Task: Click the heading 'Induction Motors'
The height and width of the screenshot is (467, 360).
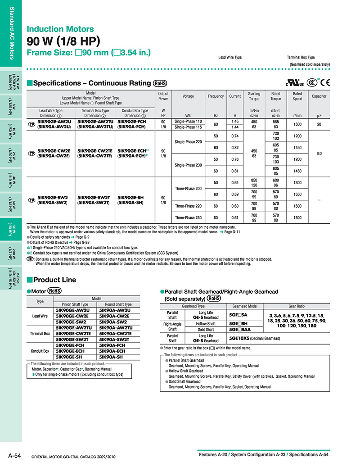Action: coord(60,29)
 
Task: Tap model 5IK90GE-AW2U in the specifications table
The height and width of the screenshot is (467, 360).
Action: coord(54,122)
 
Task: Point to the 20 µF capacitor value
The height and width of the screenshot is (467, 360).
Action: coord(319,124)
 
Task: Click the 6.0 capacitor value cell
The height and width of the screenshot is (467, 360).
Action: coord(319,154)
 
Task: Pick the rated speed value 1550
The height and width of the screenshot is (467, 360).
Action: coord(297,194)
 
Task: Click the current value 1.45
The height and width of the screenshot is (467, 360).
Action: coord(234,122)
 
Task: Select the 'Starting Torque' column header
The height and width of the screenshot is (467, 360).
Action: coord(254,96)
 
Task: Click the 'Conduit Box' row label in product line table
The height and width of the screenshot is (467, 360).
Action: coord(40,351)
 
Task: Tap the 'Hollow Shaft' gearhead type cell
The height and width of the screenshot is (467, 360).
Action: coord(206,324)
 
